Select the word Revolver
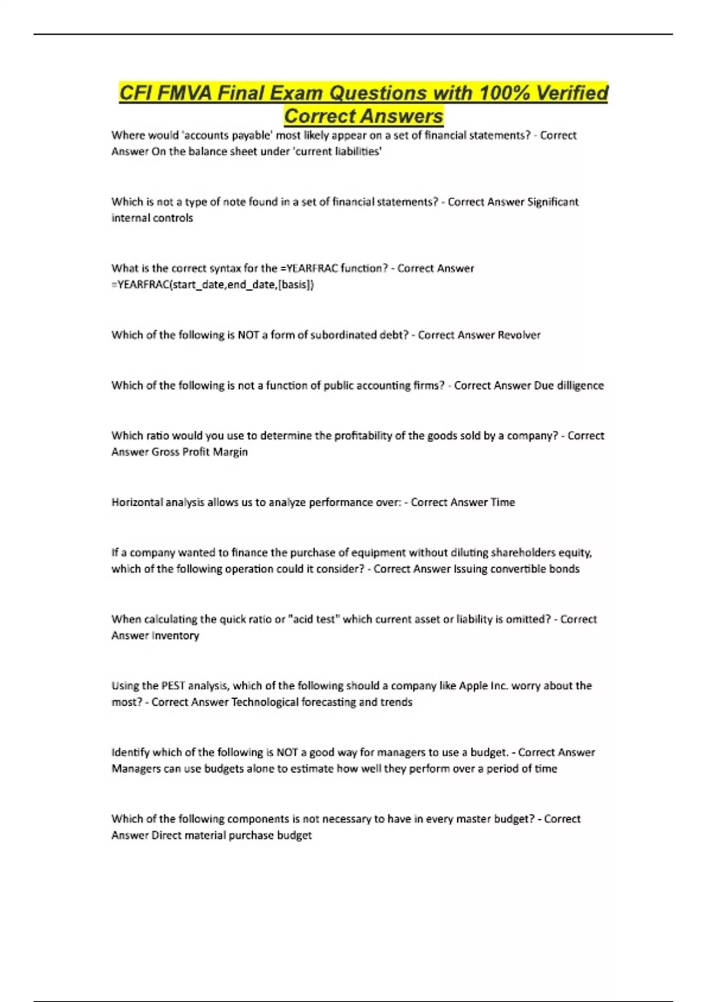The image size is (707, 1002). point(519,335)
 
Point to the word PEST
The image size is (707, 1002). point(173,685)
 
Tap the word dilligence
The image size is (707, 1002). point(580,385)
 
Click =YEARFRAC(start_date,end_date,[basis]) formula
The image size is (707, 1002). point(213,285)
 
